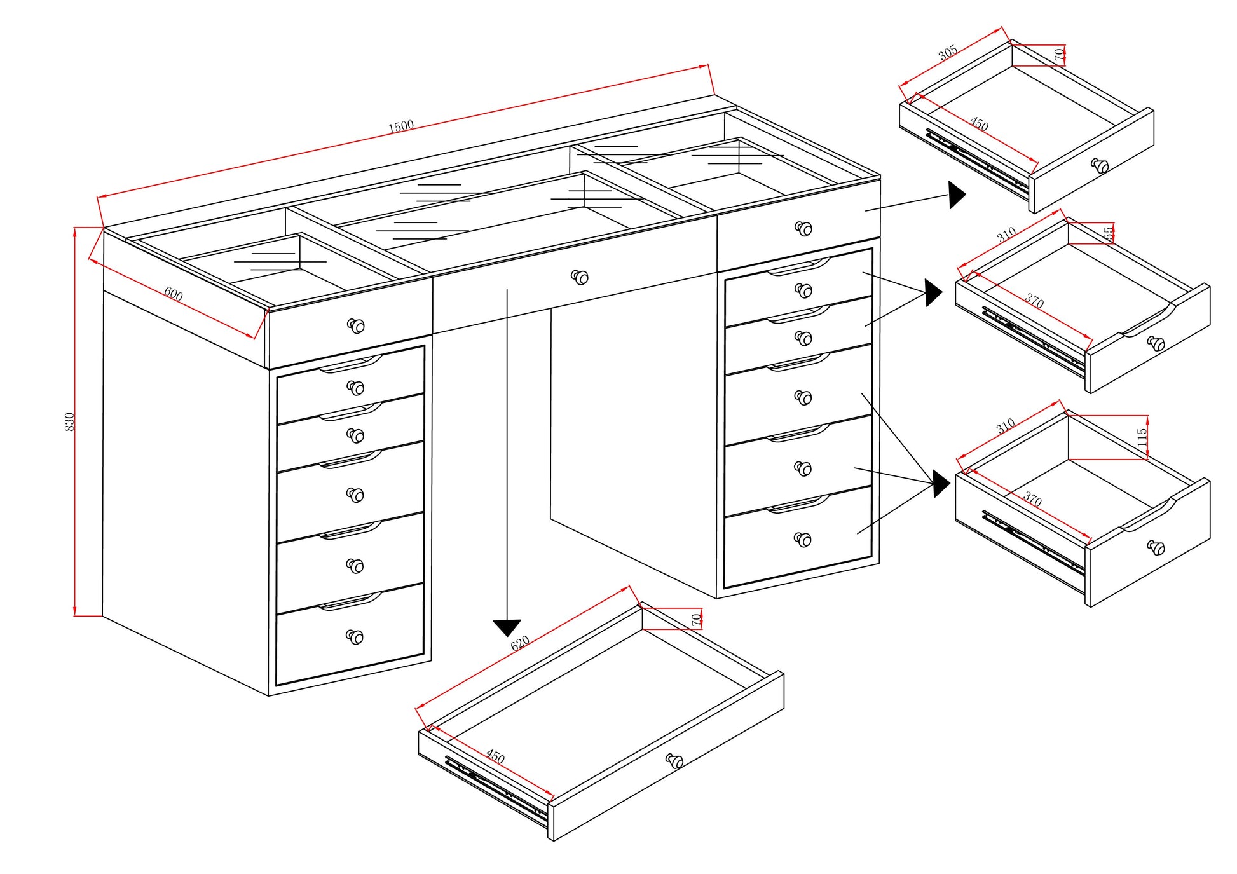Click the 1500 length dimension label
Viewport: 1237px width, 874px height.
tap(401, 126)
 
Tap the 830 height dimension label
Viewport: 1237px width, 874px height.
tap(70, 421)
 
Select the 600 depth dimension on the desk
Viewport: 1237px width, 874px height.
tap(174, 294)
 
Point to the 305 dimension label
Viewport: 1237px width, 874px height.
tap(948, 53)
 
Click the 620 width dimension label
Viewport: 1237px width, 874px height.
tap(520, 643)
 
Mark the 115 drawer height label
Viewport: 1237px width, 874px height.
tap(1142, 437)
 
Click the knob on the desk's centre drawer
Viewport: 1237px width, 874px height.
tap(580, 277)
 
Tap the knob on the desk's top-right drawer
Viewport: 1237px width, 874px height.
tap(803, 228)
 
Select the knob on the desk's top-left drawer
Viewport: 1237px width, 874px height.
tap(356, 326)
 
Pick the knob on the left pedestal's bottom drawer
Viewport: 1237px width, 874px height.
tap(355, 637)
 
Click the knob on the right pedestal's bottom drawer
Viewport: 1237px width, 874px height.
tap(803, 540)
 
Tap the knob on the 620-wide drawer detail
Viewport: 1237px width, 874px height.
tap(674, 761)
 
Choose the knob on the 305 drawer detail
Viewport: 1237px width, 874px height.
tap(1100, 166)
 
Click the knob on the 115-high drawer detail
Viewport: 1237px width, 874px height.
tap(1156, 547)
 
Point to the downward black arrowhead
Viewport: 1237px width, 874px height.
tap(507, 628)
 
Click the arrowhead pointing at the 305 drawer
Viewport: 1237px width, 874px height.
tap(957, 195)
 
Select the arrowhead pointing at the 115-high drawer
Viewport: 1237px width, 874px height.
tap(941, 484)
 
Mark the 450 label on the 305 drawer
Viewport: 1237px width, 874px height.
tap(979, 125)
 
